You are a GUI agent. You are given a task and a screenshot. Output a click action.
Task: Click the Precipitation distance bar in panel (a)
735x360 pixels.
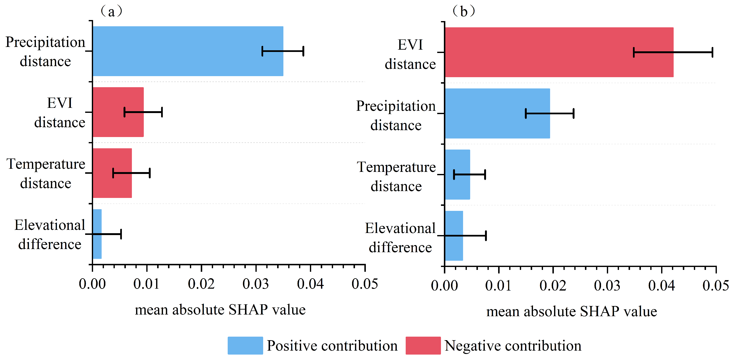188,51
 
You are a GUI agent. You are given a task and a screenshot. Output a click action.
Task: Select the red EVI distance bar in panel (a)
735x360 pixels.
118,112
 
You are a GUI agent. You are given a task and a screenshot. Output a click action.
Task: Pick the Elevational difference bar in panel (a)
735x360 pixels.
97,234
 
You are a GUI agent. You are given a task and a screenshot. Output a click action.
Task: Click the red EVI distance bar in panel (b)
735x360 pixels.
559,52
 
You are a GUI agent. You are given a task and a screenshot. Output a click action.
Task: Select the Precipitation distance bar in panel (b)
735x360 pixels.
498,113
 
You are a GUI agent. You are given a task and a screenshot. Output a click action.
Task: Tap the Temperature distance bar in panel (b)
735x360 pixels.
458,175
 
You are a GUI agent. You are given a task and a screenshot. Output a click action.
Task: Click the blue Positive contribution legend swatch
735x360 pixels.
245,345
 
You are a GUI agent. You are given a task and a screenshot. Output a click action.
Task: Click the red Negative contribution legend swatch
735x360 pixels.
423,345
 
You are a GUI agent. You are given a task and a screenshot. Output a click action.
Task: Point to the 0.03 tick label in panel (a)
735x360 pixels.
256,284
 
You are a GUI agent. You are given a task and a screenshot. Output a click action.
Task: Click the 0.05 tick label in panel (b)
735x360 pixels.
716,286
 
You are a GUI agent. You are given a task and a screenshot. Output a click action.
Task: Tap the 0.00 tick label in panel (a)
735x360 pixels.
92,284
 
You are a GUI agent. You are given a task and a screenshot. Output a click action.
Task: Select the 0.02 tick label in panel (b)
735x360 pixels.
553,286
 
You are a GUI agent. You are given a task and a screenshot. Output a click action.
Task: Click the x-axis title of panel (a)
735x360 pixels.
220,310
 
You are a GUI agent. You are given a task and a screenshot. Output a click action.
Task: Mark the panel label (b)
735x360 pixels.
464,11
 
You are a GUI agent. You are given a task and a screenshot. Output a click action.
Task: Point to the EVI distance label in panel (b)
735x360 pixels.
410,54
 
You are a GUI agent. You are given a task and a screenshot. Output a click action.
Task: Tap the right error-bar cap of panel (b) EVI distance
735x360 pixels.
712,52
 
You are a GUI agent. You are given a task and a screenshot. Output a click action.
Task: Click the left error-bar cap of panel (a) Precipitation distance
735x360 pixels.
262,51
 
